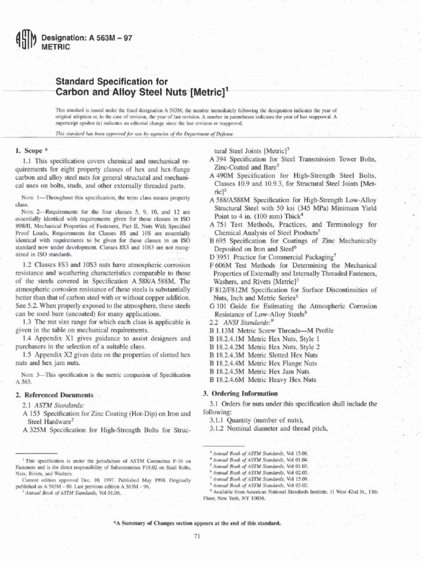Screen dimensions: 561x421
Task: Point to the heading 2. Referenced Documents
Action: pyautogui.click(x=55, y=394)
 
